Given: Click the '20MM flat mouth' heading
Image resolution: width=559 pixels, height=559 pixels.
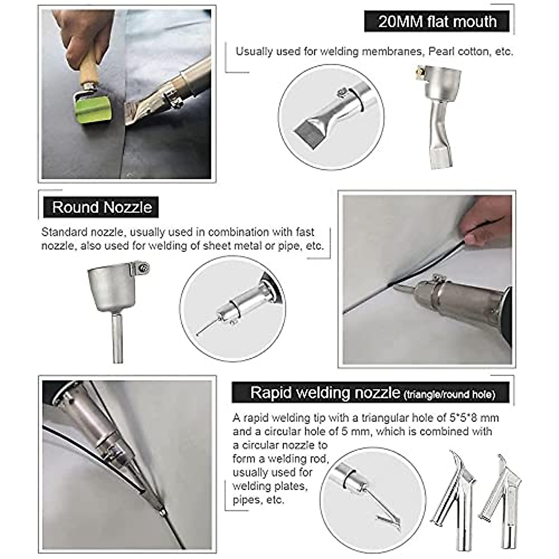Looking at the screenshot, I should (x=437, y=21).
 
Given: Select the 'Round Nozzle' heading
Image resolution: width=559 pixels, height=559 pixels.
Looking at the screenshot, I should (x=102, y=207).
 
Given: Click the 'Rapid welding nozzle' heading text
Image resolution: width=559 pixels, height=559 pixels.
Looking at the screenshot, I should (x=325, y=393).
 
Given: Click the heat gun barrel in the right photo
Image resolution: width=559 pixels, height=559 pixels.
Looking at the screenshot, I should (x=466, y=303).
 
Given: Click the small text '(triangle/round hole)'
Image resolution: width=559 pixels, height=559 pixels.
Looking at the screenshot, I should (x=450, y=395).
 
